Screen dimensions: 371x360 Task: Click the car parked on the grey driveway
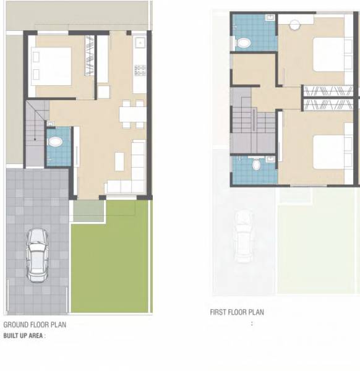point(38,254)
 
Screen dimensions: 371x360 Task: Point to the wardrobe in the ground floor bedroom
point(89,56)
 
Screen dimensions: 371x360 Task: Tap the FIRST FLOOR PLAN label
point(237,312)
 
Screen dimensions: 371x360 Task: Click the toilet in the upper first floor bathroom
point(244,43)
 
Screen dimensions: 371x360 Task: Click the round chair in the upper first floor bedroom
point(294,25)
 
